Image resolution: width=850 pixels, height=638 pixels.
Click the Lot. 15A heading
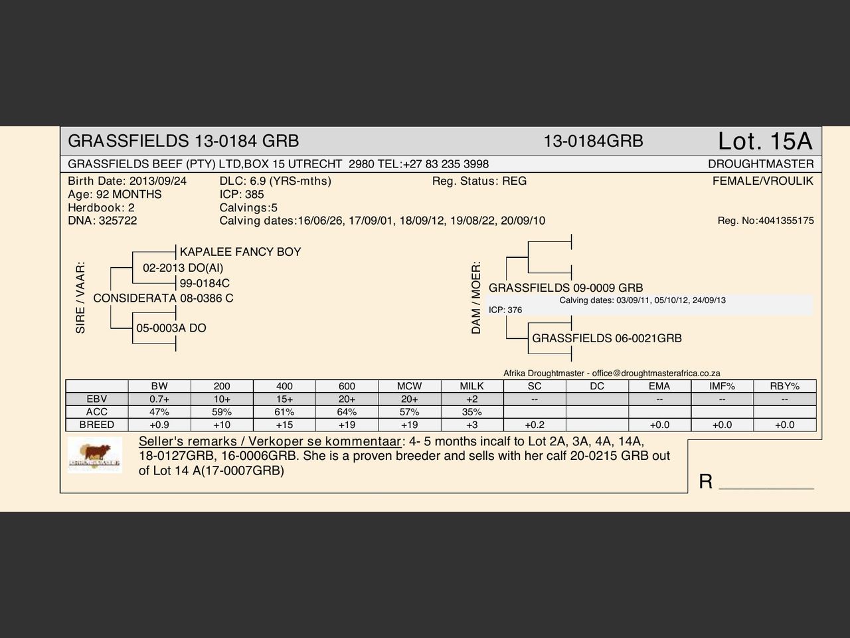point(764,141)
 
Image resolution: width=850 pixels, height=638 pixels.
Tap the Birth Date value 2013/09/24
point(158,181)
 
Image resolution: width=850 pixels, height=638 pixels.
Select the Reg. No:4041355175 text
point(765,221)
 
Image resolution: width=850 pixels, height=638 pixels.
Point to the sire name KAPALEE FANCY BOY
point(240,252)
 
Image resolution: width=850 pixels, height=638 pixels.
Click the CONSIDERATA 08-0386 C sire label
point(163,298)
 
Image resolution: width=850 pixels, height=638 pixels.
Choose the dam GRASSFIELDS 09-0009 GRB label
point(566,288)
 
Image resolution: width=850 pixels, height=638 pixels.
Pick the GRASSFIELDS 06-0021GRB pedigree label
point(607,338)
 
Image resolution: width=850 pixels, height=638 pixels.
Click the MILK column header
point(471,386)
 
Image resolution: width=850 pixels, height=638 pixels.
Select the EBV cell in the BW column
point(159,399)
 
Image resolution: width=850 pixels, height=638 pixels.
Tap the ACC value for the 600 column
point(347,412)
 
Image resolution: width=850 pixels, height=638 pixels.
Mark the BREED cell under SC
point(535,425)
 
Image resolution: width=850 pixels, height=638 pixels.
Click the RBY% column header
point(784,386)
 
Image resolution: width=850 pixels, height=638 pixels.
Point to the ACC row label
point(97,412)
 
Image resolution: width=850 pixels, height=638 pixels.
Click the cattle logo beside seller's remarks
point(95,455)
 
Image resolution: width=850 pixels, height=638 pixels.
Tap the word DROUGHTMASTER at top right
point(760,164)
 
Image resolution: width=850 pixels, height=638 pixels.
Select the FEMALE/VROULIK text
point(762,181)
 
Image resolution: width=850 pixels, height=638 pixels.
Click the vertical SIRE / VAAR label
point(81,297)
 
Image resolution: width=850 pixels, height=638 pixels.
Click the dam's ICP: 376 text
point(505,310)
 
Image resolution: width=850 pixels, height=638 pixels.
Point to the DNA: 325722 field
point(102,221)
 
